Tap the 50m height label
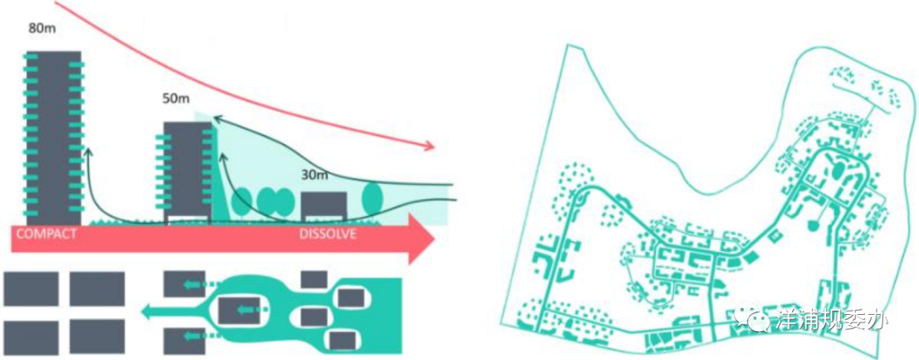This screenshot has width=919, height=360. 175,99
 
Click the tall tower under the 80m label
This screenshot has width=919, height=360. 54,136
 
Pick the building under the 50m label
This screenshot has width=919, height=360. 186,170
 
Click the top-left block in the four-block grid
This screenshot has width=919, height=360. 31,289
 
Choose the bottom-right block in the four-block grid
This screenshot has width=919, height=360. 97,337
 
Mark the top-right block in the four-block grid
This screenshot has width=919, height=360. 97,289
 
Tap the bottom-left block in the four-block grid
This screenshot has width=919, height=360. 31,337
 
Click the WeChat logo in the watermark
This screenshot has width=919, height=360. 755,319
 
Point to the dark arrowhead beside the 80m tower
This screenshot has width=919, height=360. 88,151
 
